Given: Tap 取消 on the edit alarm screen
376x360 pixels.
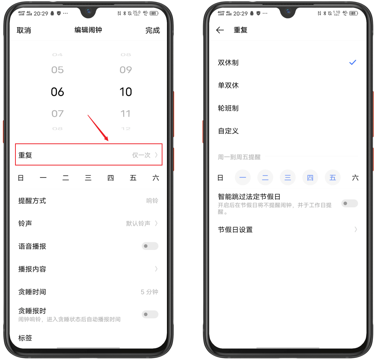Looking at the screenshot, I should point(24,31).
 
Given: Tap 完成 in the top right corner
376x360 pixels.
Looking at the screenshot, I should point(153,31).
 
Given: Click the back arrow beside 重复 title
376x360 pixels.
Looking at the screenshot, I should point(220,30).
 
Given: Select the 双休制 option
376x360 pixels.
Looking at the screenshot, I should point(228,63).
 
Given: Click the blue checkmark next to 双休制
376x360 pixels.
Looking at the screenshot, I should point(352,63).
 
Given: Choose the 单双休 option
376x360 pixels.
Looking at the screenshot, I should point(228,86).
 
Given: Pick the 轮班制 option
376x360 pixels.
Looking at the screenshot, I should point(228,108).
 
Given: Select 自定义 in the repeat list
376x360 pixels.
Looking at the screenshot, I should point(228,131).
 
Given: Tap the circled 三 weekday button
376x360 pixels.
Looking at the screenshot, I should point(288,178).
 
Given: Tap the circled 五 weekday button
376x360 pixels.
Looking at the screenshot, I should point(333,178).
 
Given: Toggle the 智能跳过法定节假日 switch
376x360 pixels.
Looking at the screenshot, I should point(349,203).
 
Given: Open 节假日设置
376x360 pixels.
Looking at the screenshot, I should point(235,230).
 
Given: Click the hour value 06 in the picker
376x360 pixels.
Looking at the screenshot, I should point(57,92).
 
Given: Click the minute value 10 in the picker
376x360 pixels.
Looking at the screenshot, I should point(126,92).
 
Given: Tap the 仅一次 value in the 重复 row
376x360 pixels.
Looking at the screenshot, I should point(142,155).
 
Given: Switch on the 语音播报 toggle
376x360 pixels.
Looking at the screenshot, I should point(150,246).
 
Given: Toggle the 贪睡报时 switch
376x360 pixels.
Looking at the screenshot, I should point(150,314).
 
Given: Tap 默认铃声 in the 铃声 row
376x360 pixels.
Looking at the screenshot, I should point(139,224).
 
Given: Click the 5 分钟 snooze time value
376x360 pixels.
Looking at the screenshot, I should point(149,292).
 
